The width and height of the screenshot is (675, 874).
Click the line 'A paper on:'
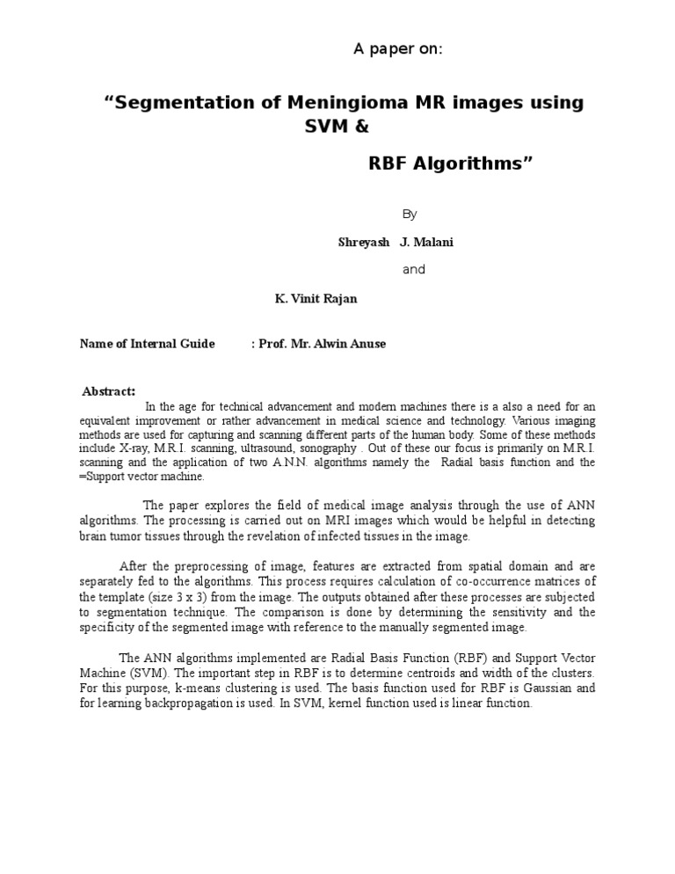tap(398, 48)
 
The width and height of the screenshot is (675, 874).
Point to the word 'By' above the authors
tap(410, 214)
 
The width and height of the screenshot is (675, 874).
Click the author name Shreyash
tap(364, 242)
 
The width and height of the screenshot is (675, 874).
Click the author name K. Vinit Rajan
tap(316, 298)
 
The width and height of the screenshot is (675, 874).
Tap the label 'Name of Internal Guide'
tap(147, 344)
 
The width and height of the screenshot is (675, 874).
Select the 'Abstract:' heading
tap(108, 391)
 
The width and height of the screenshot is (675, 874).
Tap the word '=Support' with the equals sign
tap(103, 477)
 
